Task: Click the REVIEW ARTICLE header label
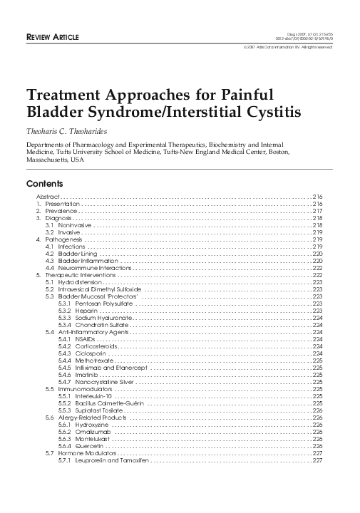click(x=52, y=36)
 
